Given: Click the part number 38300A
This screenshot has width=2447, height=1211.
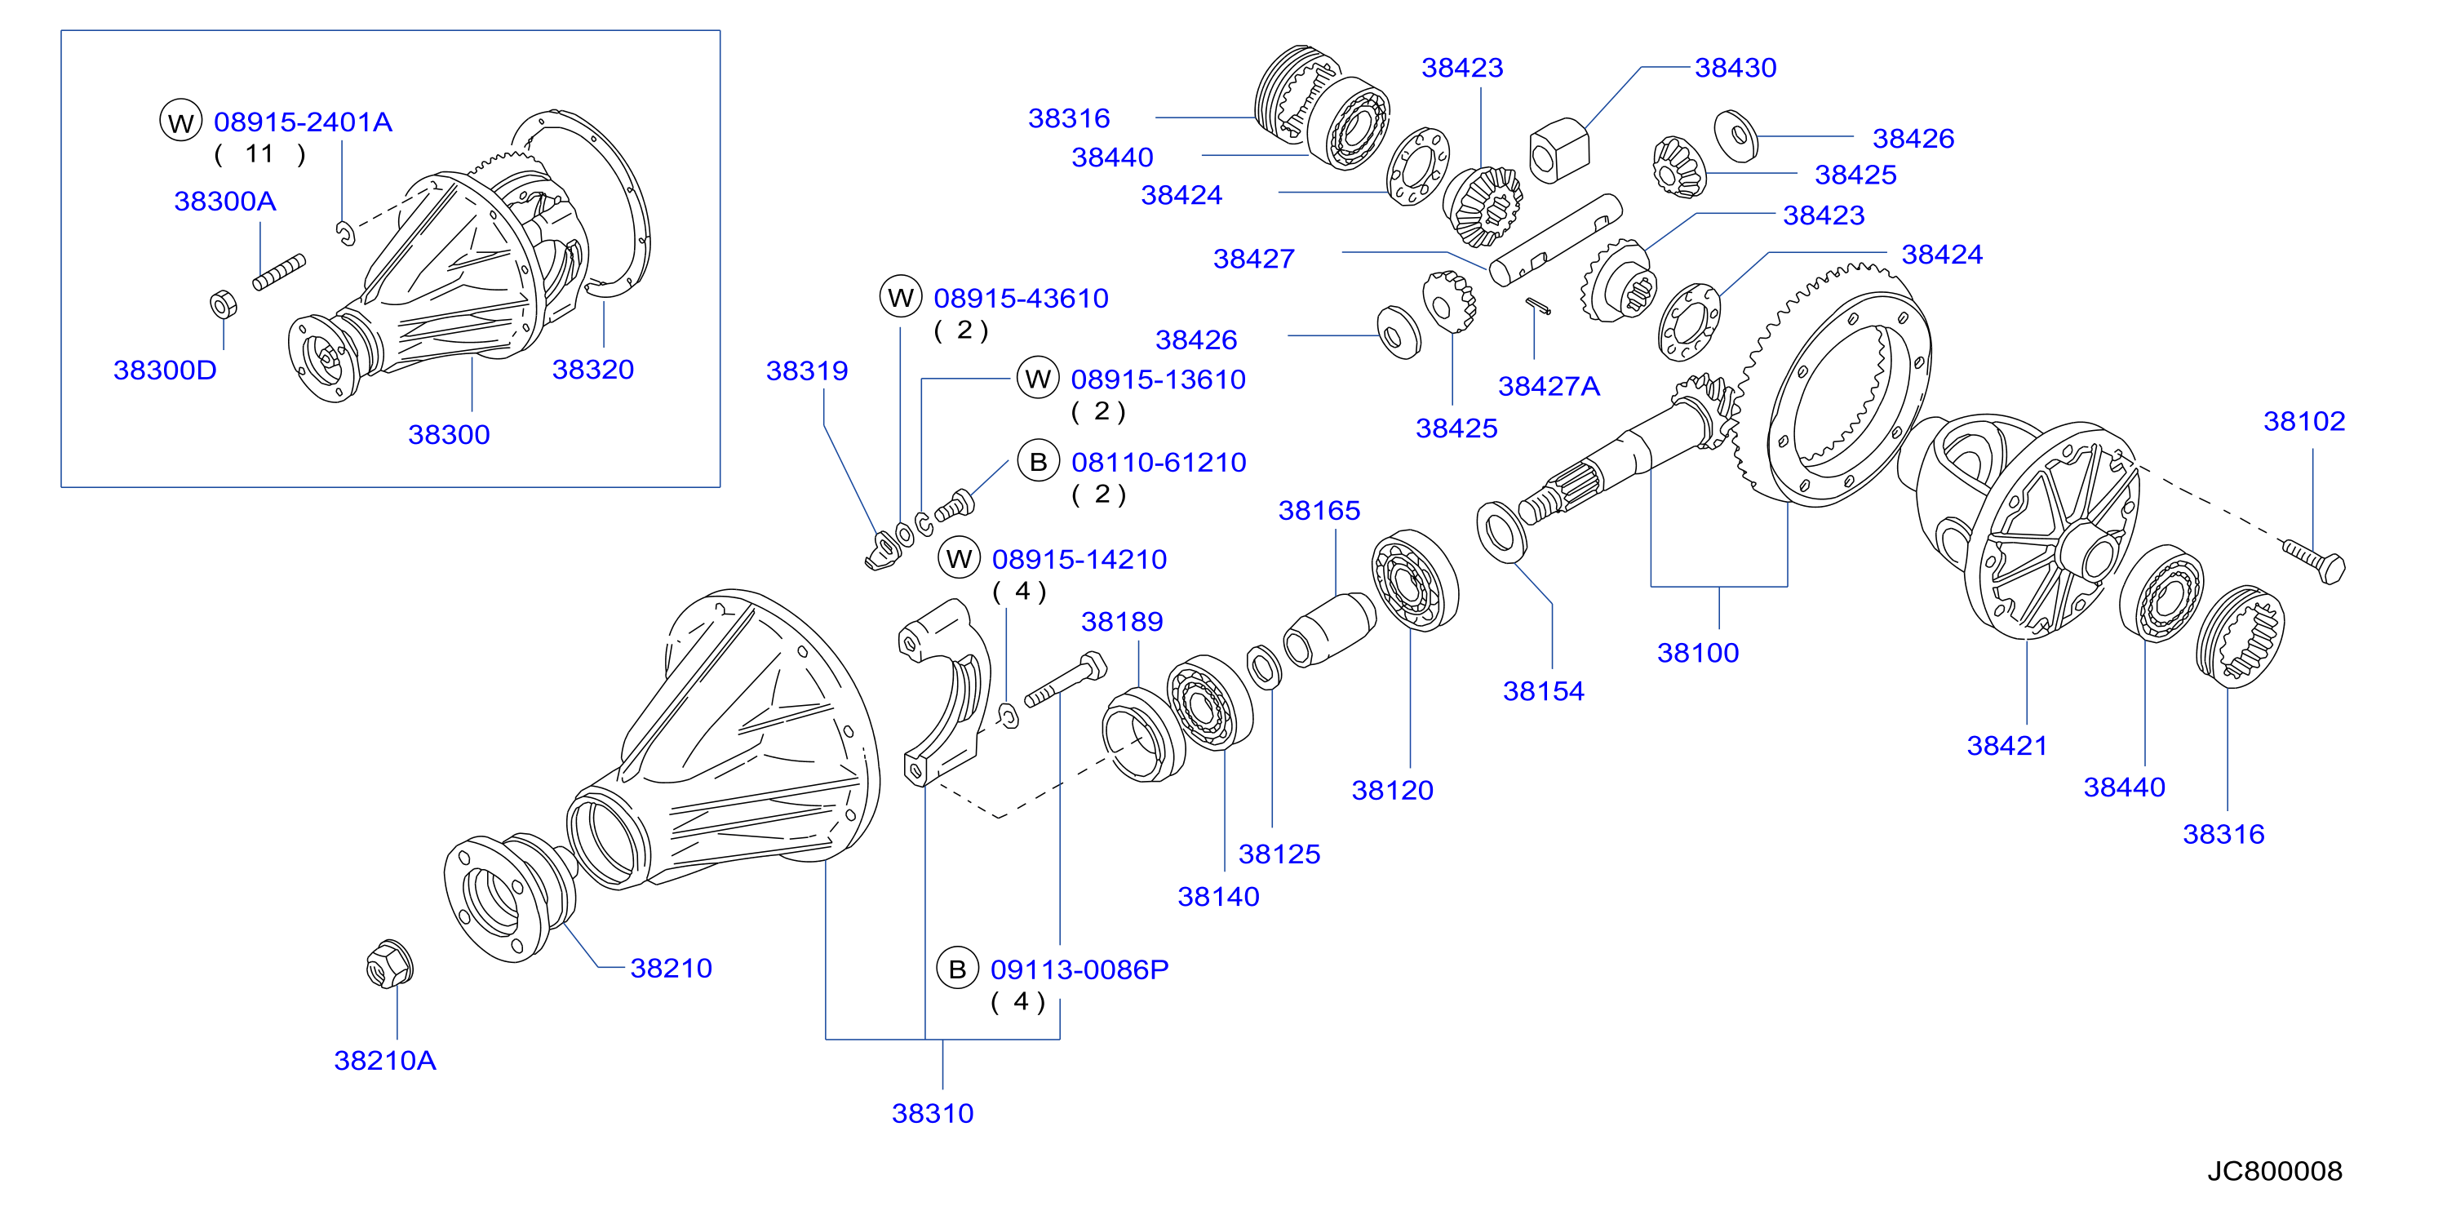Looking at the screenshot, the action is [x=225, y=202].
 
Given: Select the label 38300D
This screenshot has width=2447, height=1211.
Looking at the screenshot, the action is [x=166, y=370].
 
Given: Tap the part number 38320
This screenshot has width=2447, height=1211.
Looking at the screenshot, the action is [x=592, y=370].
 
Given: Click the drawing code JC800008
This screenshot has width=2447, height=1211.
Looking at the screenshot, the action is [x=2274, y=1171].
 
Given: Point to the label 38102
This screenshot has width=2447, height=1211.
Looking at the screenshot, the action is [x=2304, y=421].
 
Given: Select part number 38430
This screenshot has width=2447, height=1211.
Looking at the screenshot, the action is [x=1736, y=68].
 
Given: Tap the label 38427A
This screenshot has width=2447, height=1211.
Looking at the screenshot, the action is [x=1549, y=387].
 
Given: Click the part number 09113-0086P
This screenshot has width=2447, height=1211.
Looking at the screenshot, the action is [x=1079, y=969].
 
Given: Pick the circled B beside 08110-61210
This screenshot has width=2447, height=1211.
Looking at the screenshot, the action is [x=1038, y=462].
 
